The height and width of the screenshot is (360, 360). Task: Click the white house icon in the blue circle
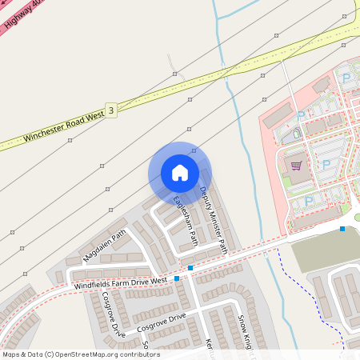(180, 172)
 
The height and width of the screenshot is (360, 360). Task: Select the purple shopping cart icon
(296, 166)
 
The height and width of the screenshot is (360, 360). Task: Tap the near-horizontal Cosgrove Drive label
(161, 322)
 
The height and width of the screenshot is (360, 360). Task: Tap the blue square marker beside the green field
(342, 229)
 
